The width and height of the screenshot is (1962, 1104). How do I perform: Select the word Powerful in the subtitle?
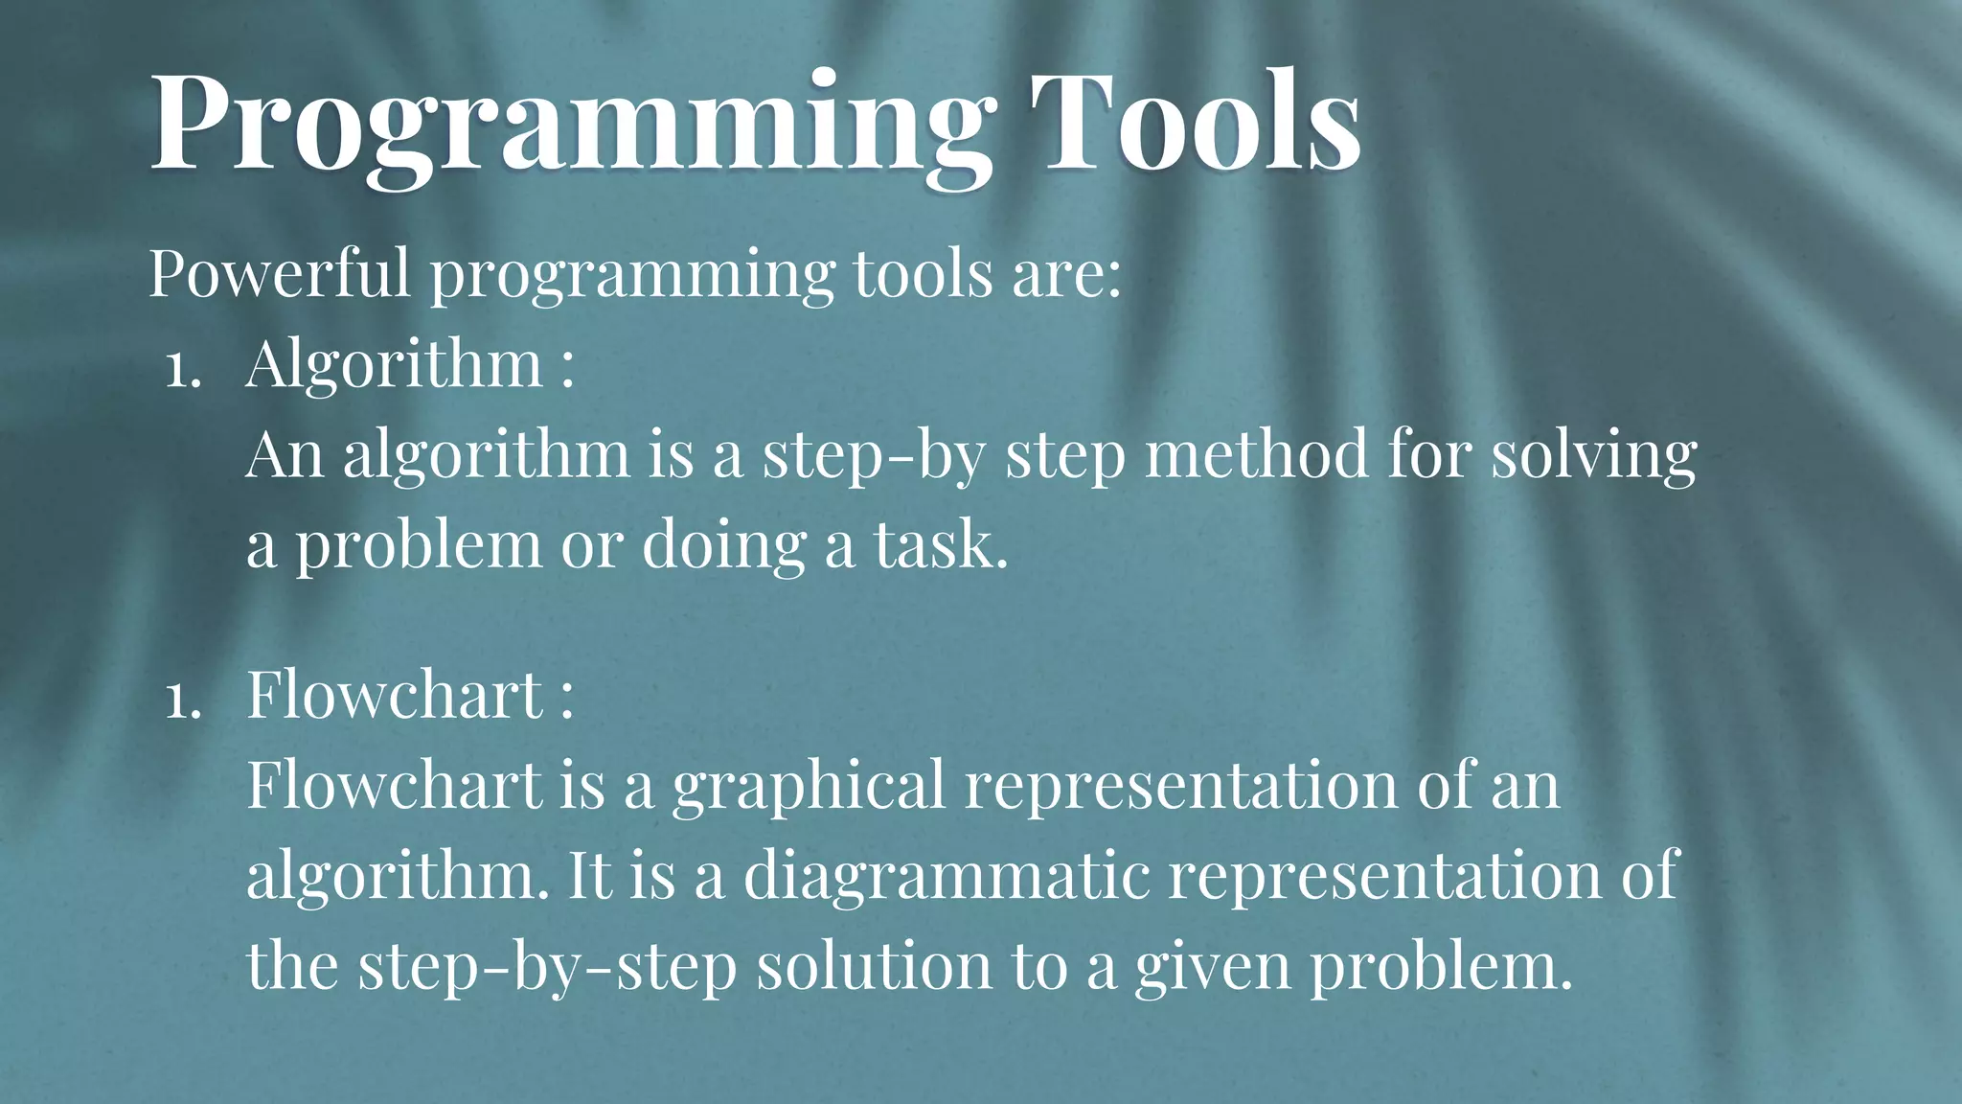coord(279,273)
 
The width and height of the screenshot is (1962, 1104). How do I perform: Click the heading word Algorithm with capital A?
coord(394,364)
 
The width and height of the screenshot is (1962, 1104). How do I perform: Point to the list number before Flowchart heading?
coord(182,701)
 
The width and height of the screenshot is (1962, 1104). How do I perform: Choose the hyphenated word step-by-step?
coord(546,966)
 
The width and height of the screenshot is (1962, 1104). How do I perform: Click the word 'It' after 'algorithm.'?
coord(589,874)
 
